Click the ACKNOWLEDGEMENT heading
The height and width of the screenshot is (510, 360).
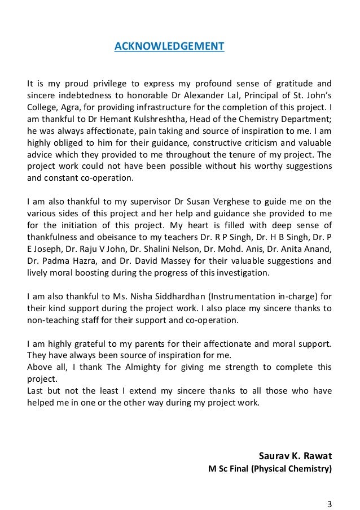tap(169, 46)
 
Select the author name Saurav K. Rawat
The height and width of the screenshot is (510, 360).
tap(295, 455)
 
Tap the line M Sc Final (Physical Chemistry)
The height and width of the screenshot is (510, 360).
tap(270, 469)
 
